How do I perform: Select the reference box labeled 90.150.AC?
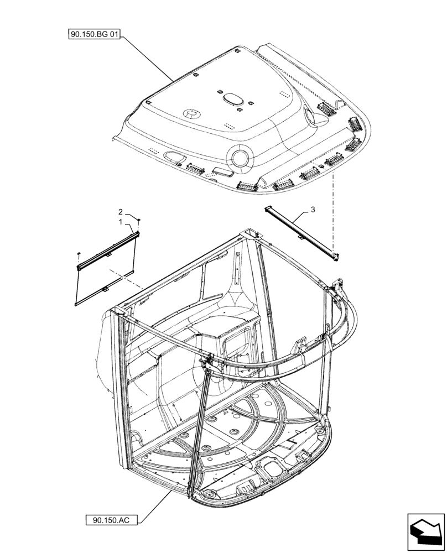pyautogui.click(x=112, y=520)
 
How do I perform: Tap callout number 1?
pyautogui.click(x=120, y=221)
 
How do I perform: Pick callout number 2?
pyautogui.click(x=120, y=211)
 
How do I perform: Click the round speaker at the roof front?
pyautogui.click(x=241, y=157)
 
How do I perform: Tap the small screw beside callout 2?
pyautogui.click(x=138, y=221)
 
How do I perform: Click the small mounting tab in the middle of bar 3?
pyautogui.click(x=300, y=237)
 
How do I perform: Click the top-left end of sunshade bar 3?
pyautogui.click(x=267, y=208)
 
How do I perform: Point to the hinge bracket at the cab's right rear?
pyautogui.click(x=336, y=288)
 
